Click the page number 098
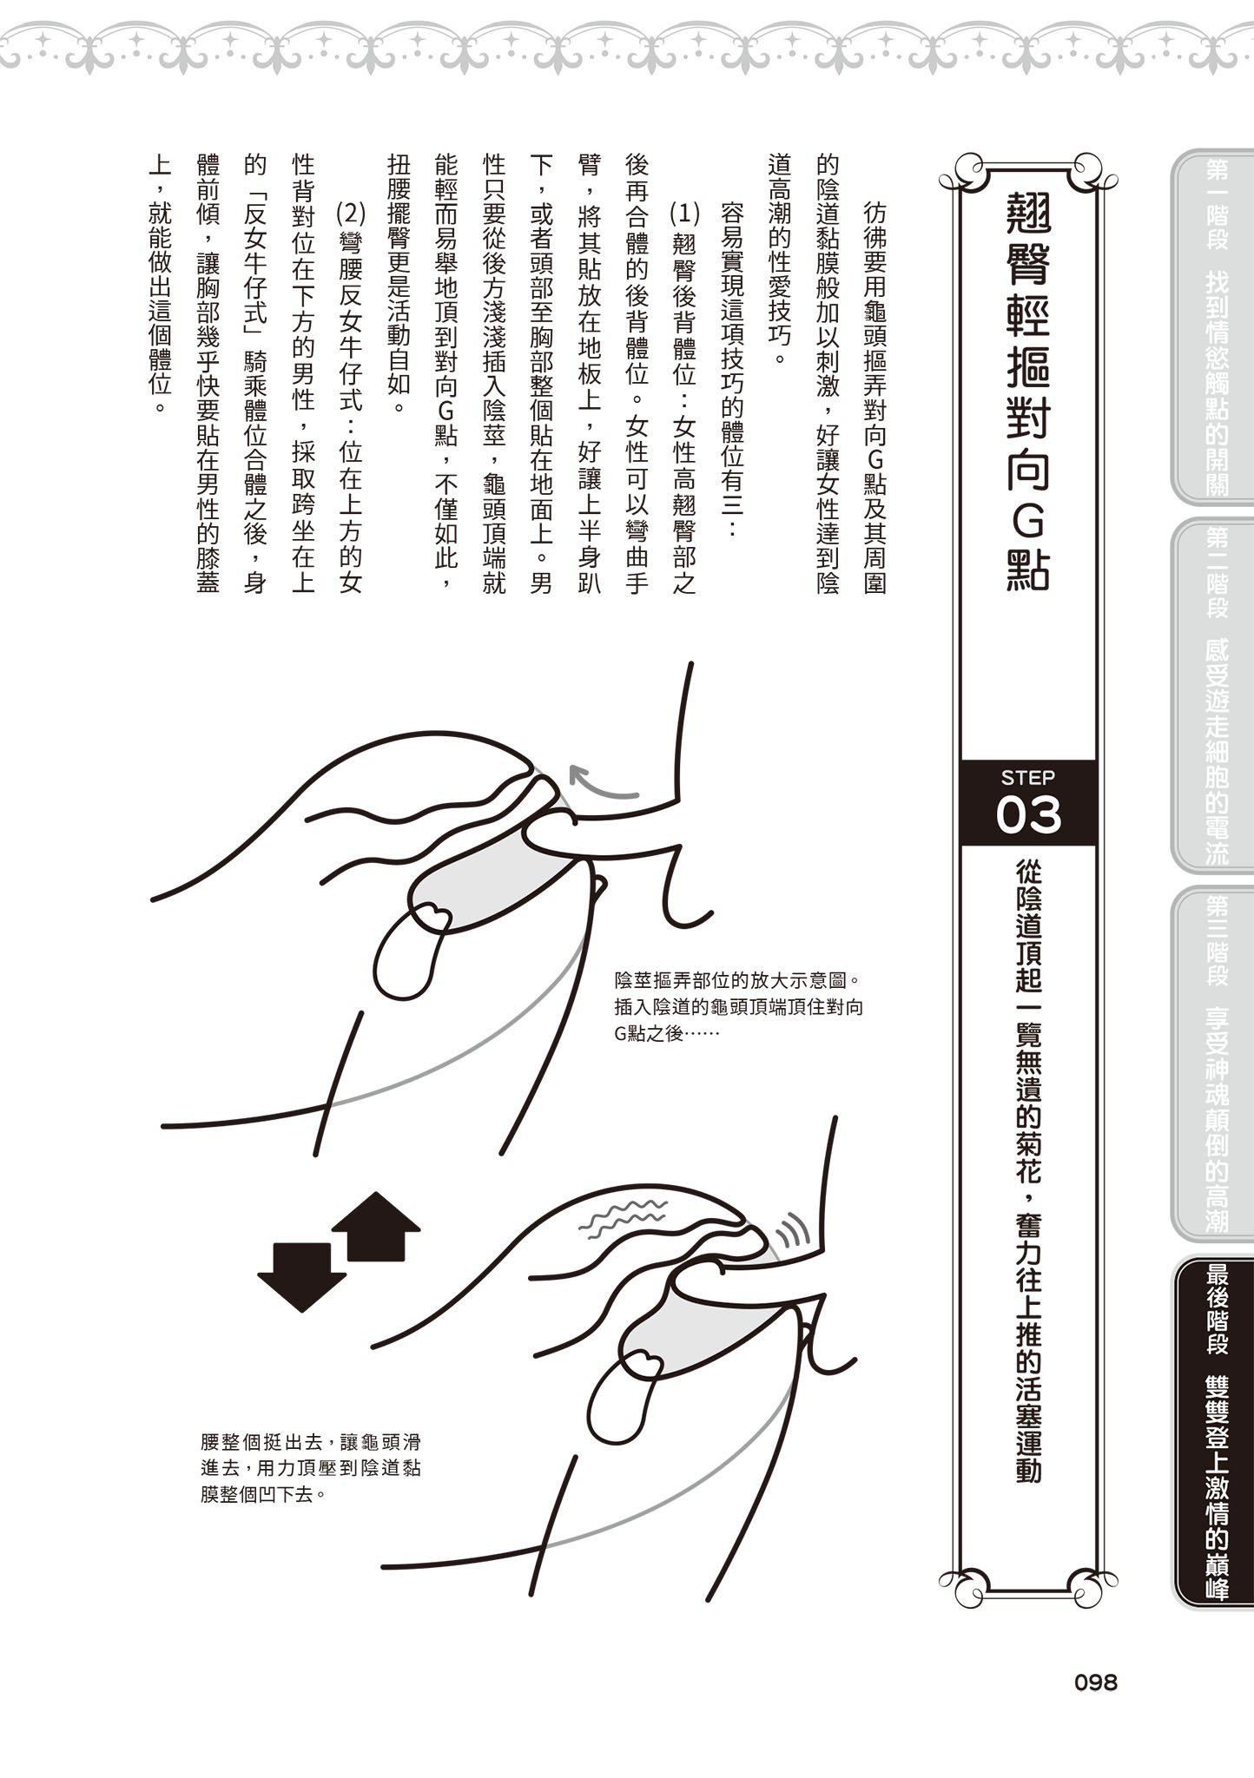click(x=1095, y=1683)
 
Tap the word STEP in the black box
click(x=1027, y=777)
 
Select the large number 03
click(x=1028, y=815)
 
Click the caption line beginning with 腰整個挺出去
click(x=310, y=1443)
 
